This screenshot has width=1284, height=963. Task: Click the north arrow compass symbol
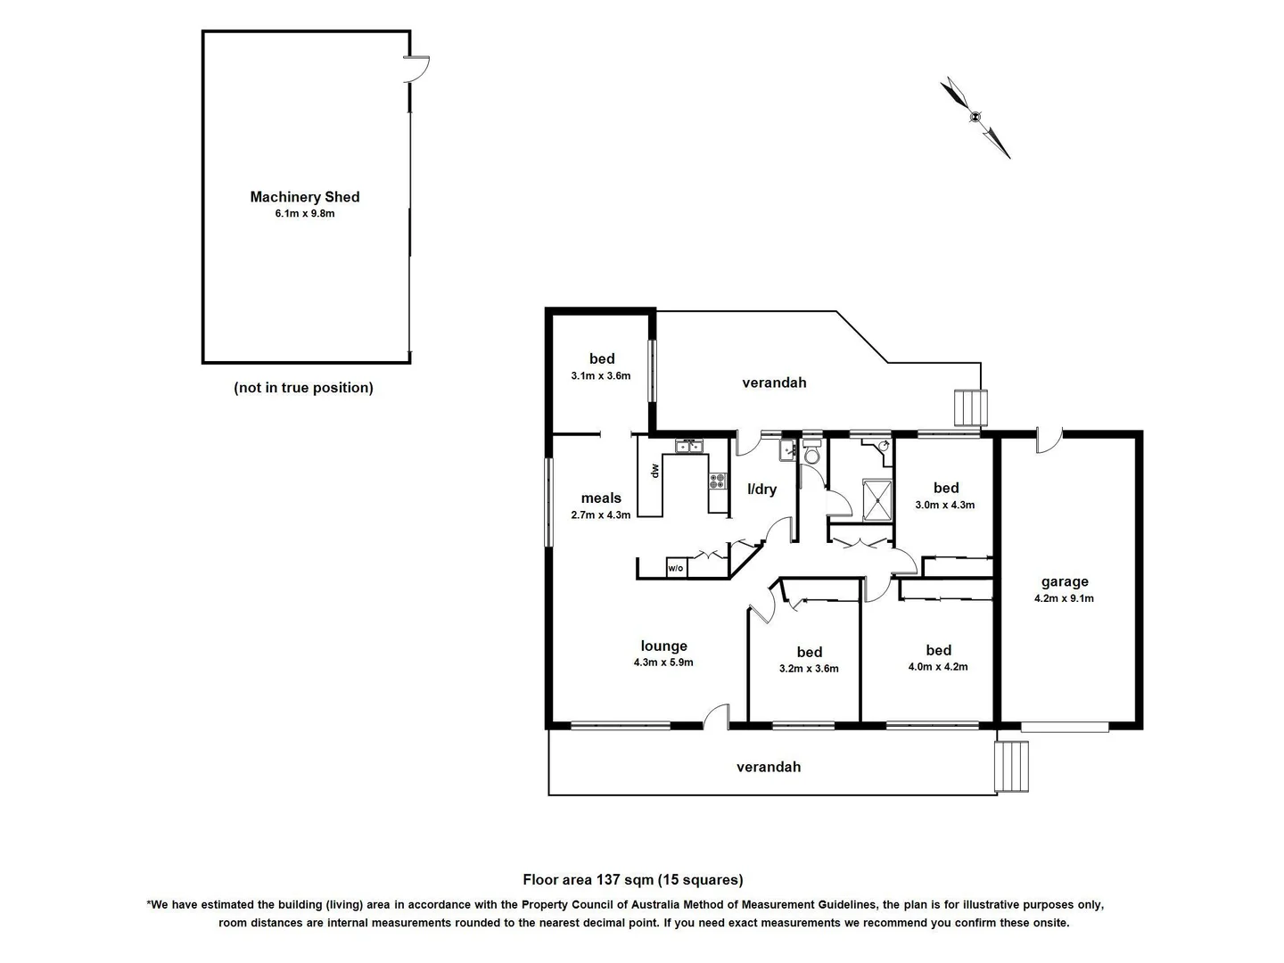coord(975,117)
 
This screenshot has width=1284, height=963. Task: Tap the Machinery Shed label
coord(305,197)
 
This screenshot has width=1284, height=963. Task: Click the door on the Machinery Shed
coord(416,70)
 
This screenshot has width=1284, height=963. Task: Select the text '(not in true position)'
coord(303,388)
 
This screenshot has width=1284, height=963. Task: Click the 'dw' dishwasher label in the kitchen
coord(654,470)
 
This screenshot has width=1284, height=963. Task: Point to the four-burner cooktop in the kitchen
coord(718,481)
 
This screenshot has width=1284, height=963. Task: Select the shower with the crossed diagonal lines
coord(877,499)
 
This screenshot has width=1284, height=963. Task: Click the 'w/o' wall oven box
coord(676,568)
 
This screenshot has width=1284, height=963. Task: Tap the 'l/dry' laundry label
coord(761,490)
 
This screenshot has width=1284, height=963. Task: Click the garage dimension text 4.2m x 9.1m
coord(1064,598)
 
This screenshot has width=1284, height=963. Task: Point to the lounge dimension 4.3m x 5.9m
coord(663,663)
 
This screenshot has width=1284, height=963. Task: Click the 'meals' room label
coord(601,498)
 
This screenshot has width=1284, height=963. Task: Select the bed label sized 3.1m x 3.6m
coord(602,359)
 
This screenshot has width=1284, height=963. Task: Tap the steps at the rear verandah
coord(971,408)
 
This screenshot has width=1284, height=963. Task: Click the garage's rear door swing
coord(1049,440)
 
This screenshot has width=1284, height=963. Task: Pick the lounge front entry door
coord(716,716)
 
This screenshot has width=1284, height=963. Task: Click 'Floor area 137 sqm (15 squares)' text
coord(633,880)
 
